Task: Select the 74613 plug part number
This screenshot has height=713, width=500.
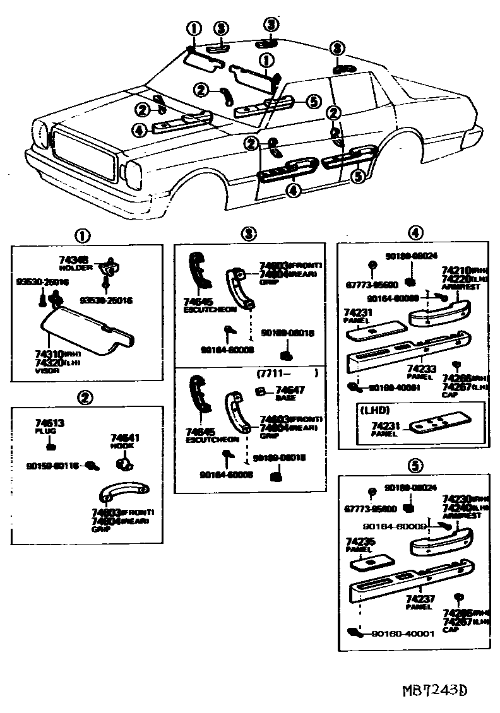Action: pyautogui.click(x=49, y=423)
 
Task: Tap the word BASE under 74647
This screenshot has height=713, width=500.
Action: pyautogui.click(x=282, y=398)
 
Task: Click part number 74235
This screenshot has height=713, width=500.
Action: pyautogui.click(x=359, y=541)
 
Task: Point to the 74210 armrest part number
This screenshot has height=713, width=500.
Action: pyautogui.click(x=455, y=270)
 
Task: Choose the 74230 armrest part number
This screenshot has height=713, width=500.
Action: pyautogui.click(x=455, y=498)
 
